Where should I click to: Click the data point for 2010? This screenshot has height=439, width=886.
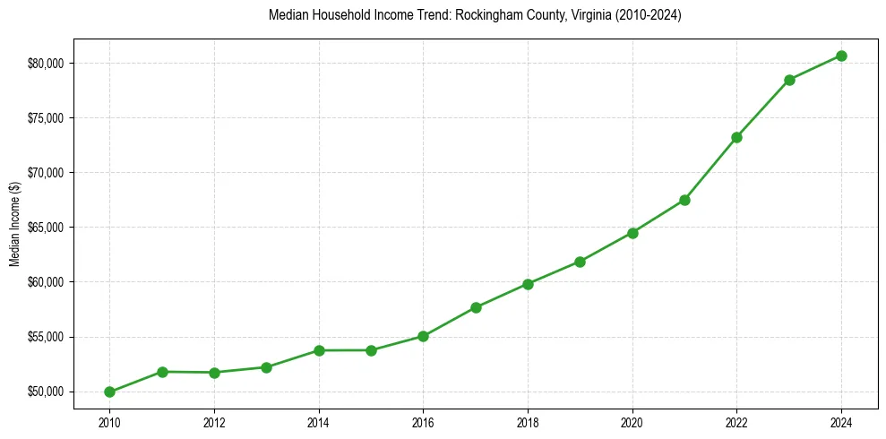tap(109, 392)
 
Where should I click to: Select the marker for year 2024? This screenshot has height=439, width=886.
tap(841, 56)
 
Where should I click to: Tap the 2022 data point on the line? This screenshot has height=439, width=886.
tap(736, 137)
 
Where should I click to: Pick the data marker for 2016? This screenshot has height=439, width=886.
tap(423, 336)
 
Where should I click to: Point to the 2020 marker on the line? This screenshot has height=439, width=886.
tap(632, 233)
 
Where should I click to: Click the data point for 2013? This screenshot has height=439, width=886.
tap(266, 367)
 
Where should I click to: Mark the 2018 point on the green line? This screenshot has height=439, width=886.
tap(528, 284)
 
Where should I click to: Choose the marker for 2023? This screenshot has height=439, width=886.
tap(789, 80)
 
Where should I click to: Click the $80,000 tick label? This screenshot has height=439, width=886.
tap(47, 63)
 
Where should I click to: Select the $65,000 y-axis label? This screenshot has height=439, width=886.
tap(47, 228)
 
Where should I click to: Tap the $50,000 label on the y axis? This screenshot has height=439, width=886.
tap(47, 392)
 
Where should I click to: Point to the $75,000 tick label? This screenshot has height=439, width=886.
tap(47, 118)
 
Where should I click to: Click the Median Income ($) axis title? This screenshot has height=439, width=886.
tap(14, 228)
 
